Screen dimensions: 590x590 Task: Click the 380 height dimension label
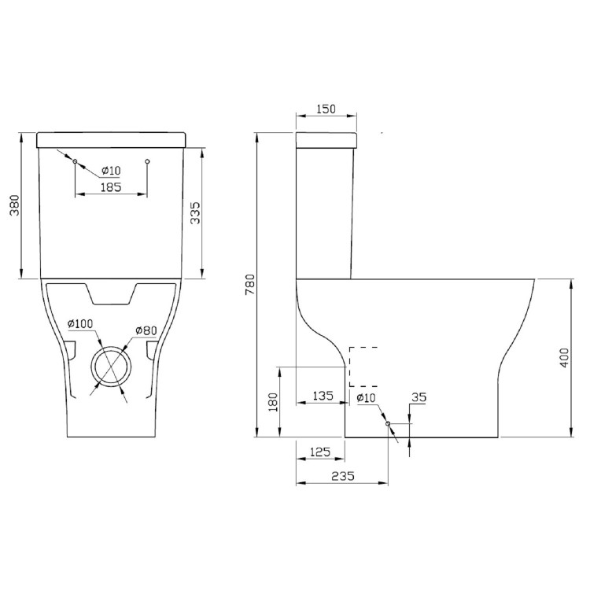[x=13, y=206]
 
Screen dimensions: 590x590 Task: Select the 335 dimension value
[x=195, y=212]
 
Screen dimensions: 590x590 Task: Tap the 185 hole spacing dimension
[x=111, y=187]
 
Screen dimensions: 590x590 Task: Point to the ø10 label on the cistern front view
[x=110, y=171]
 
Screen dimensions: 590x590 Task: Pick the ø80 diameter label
[x=147, y=329]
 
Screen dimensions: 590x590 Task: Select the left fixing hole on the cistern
[x=75, y=161]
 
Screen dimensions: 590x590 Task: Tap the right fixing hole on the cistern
[x=148, y=161]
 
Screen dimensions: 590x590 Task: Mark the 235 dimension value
[x=342, y=475]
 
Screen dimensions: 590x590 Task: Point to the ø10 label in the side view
[x=367, y=399]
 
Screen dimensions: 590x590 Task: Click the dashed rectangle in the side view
[x=363, y=367]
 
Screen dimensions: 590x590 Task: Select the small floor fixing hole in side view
[x=389, y=423]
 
